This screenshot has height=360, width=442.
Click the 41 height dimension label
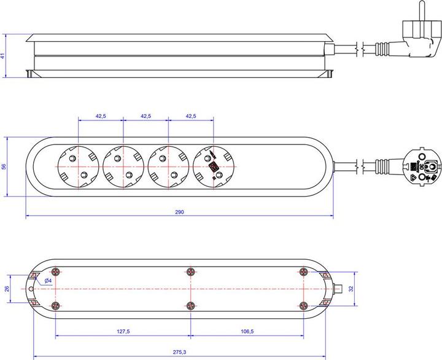coord(3,56)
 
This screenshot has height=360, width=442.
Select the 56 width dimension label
coord(3,167)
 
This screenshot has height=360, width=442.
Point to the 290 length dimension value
coord(179,212)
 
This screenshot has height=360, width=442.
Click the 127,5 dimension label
coord(123,332)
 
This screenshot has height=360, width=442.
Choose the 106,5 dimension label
coord(246,332)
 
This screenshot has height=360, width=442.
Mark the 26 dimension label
coord(7,289)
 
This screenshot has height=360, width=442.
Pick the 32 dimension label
coord(351,289)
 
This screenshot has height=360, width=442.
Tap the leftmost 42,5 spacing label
coord(101,115)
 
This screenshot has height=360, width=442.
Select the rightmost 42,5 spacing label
coord(190,115)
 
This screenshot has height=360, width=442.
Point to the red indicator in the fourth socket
coord(213,166)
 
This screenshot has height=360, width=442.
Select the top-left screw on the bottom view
coord(56,272)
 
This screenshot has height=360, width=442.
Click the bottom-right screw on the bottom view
coord(303,305)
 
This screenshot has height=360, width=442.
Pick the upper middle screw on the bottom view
coord(190,272)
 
